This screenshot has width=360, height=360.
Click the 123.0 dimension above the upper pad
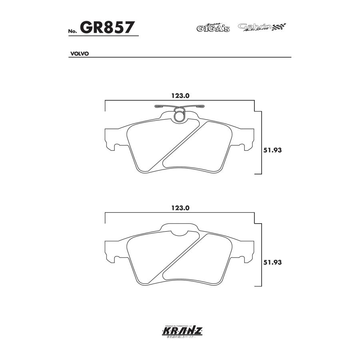pos(180,96)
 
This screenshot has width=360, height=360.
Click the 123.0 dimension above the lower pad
pos(180,208)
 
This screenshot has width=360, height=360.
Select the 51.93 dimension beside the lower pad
pos(273,262)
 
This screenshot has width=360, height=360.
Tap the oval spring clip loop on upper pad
pos(179,115)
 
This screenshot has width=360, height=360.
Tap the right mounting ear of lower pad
pos(247,252)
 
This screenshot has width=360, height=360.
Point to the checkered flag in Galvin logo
pos(280,27)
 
